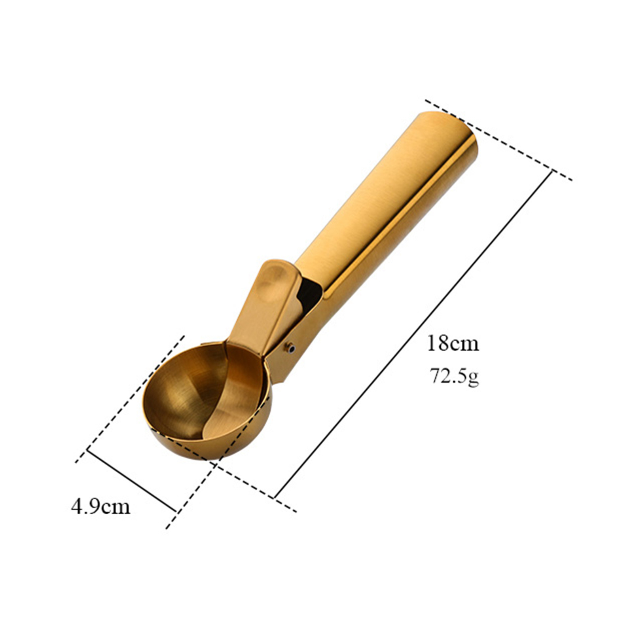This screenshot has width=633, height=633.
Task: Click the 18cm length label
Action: [x=453, y=343]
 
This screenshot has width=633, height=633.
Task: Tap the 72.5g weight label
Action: [x=455, y=376]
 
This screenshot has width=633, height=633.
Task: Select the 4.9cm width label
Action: [x=100, y=506]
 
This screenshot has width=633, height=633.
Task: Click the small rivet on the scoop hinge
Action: [x=292, y=349]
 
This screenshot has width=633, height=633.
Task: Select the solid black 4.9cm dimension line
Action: [x=131, y=479]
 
